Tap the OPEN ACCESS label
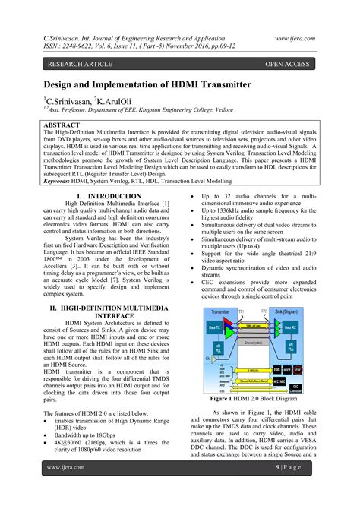point(286,64)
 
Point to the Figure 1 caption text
point(263,397)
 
